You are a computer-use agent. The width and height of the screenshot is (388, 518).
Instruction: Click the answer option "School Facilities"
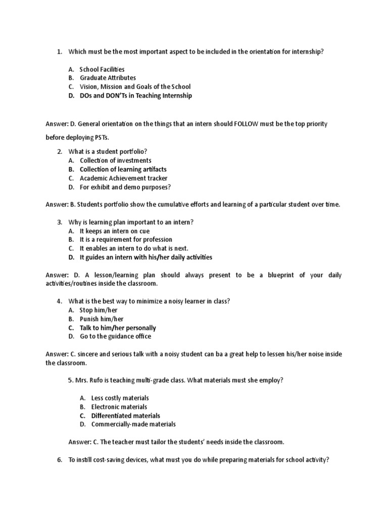tap(102, 69)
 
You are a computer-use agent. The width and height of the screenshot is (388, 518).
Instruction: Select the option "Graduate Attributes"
tap(108, 78)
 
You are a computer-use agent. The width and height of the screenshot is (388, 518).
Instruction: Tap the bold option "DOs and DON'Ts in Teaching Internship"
tap(136, 96)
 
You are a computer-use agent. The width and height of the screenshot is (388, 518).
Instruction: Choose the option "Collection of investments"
tap(116, 160)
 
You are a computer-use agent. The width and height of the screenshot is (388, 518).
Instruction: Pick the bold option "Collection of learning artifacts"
tap(123, 169)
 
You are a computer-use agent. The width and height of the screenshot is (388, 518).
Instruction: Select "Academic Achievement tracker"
tap(123, 178)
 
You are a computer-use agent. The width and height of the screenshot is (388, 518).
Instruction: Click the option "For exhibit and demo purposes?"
tap(125, 187)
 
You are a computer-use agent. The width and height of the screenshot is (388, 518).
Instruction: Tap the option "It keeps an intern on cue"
tap(115, 231)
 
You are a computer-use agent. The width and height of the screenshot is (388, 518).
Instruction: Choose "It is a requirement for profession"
tap(126, 239)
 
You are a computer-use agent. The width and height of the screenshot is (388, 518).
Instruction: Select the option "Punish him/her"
tap(101, 319)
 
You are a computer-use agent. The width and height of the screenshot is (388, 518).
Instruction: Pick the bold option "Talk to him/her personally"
tap(118, 328)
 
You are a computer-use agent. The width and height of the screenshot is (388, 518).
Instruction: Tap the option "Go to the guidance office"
tap(115, 336)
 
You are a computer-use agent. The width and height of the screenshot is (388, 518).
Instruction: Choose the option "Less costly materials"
tap(120, 398)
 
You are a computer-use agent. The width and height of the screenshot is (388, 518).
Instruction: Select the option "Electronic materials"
tap(119, 407)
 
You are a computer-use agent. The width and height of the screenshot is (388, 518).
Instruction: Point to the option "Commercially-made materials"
tap(133, 424)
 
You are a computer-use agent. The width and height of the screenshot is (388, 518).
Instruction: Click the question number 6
tap(59, 460)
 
